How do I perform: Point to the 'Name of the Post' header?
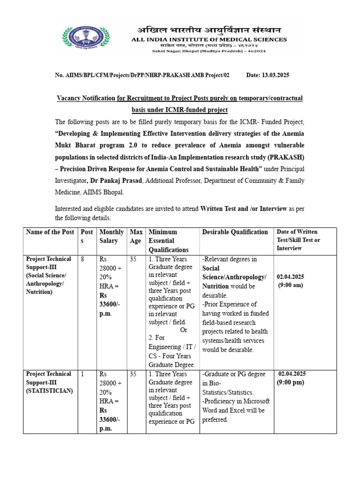point(50,232)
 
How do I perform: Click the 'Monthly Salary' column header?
point(111,236)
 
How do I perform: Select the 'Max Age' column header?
point(136,236)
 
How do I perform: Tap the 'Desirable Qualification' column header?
point(235,232)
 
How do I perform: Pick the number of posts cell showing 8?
point(82,259)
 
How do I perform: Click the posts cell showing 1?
point(82,374)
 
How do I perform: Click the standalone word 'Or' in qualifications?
point(184,330)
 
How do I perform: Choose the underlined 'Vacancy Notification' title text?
point(86,98)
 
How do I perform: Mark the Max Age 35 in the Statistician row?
point(133,374)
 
